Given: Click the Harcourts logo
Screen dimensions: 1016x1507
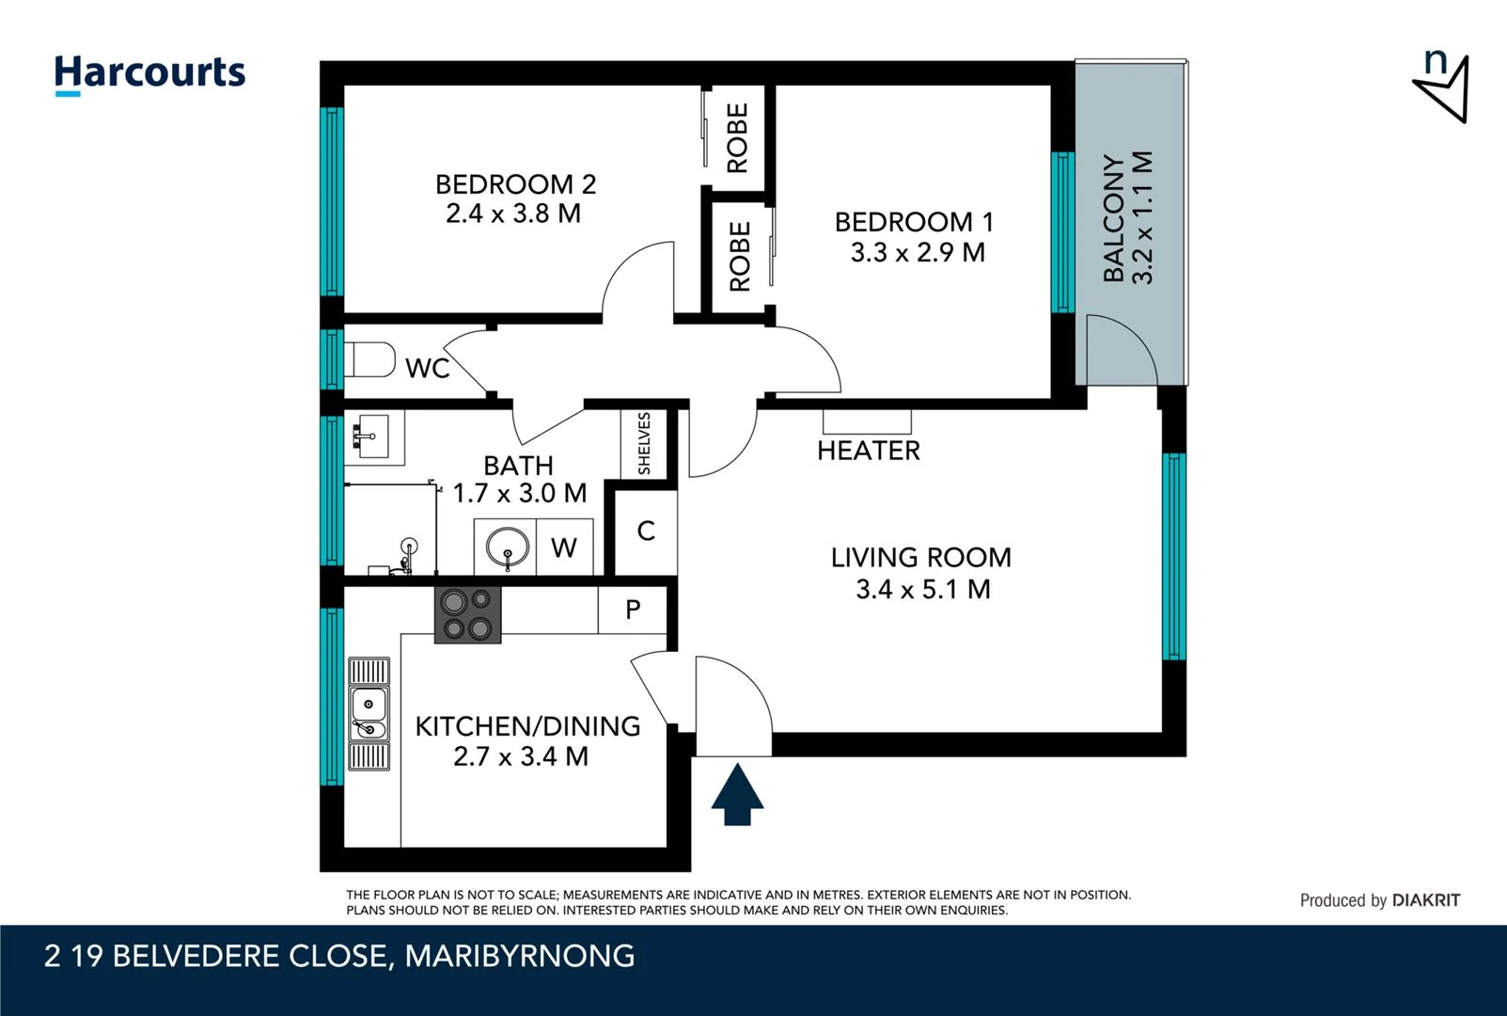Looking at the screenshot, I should (x=149, y=73).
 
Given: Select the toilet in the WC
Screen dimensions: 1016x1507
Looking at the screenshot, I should (x=370, y=359).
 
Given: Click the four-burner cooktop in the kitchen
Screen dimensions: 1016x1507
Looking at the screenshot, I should (x=467, y=614).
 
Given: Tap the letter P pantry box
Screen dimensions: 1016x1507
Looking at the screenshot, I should (x=633, y=610).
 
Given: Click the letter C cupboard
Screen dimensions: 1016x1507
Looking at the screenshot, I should (x=646, y=532).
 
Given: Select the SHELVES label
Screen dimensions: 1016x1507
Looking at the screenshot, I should (x=644, y=443).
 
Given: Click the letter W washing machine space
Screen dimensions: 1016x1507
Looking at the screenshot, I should (x=564, y=548).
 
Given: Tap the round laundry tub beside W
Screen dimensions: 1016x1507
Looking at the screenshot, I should (x=508, y=547).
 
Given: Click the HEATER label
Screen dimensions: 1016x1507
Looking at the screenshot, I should (x=868, y=451).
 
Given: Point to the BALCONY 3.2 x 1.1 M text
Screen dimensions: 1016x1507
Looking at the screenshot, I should (x=1127, y=218).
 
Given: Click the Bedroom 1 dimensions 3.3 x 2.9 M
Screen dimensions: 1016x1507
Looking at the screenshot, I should (x=918, y=253).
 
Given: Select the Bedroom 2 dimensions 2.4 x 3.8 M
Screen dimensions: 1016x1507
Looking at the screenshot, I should (x=513, y=214).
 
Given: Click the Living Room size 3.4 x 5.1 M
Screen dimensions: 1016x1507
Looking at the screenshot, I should (x=922, y=590).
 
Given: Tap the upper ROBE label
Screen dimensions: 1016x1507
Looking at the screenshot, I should (x=738, y=138).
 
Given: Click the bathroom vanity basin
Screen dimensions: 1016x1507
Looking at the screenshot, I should (x=373, y=437).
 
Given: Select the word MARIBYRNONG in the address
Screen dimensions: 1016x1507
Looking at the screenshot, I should (x=520, y=956).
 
